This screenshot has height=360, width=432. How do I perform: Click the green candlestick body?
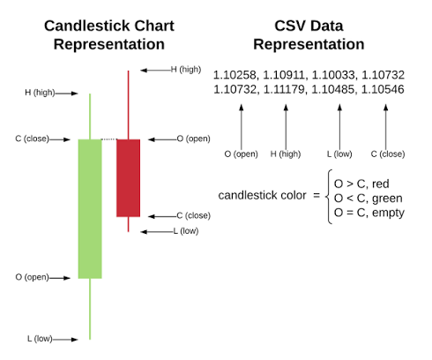90,209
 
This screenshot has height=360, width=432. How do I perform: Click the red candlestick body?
128,178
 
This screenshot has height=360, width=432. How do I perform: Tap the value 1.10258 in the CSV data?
235,75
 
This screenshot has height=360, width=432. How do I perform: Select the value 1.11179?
284,89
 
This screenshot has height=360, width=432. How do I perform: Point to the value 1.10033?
333,75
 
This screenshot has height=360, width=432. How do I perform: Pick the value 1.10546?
383,89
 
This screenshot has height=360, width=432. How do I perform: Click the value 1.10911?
284,75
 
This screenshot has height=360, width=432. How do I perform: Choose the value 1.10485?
333,89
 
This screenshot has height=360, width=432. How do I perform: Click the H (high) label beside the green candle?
40,93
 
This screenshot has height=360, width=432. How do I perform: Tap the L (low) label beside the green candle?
40,339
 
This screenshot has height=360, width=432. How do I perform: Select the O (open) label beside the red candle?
194,139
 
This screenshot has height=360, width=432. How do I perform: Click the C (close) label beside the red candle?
194,215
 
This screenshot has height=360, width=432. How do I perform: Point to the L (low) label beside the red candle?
186,231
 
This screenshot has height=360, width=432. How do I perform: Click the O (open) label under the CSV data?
241,154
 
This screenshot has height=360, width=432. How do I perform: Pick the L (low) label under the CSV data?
339,154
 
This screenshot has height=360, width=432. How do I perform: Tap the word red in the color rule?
381,184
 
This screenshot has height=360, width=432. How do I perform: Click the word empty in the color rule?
388,213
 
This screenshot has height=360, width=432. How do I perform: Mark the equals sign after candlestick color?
317,195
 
